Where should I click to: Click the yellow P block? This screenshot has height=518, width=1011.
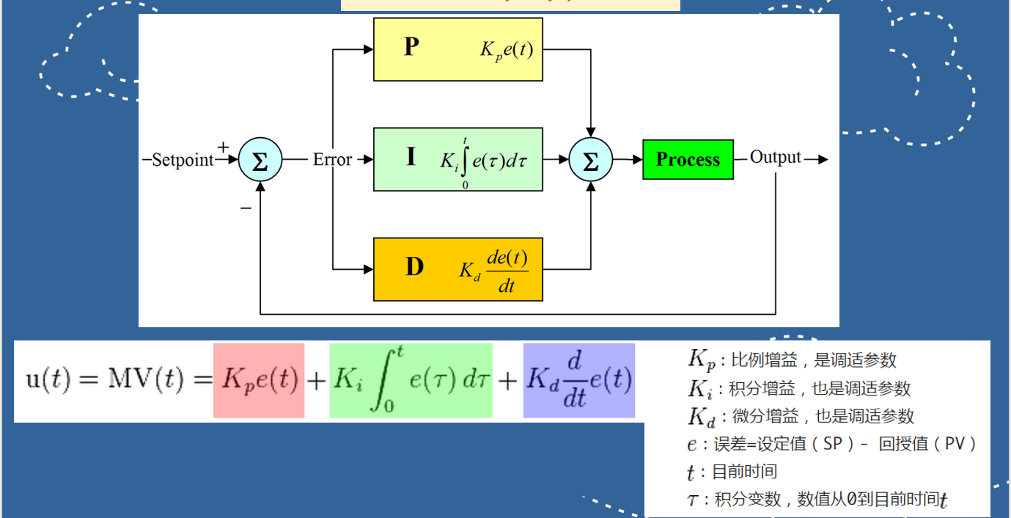[458, 49]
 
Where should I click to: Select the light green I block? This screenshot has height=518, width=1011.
[458, 159]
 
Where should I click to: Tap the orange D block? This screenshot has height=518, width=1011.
[458, 269]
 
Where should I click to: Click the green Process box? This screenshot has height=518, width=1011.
[688, 159]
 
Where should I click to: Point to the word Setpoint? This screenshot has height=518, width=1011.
[183, 160]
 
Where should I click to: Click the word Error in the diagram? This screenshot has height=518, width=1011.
[332, 159]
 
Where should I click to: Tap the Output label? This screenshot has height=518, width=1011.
[776, 158]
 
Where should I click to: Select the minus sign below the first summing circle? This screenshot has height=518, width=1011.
[246, 208]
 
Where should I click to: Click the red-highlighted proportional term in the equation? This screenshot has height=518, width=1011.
[259, 380]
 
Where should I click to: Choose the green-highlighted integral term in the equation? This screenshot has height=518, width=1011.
[411, 380]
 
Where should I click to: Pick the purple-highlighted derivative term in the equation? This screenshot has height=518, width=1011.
[579, 380]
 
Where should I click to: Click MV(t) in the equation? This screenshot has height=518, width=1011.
[150, 379]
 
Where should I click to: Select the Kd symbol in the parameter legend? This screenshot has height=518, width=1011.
[699, 416]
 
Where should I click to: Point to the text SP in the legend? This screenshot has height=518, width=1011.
[833, 443]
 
